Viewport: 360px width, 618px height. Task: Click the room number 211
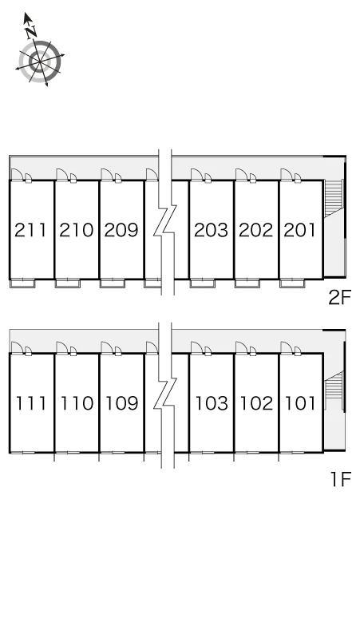tap(30, 230)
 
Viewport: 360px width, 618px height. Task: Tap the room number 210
tap(77, 230)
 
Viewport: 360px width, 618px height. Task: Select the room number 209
tap(121, 230)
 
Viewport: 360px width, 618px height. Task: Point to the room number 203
tap(211, 230)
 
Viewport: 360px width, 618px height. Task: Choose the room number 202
tap(256, 230)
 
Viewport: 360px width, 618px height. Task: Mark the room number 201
tap(300, 230)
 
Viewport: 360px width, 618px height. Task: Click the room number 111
tap(30, 403)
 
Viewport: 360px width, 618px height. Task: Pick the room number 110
tap(77, 403)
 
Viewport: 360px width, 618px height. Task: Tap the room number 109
tap(121, 403)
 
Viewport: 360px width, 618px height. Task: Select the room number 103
tap(212, 403)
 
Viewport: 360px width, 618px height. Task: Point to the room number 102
tap(256, 403)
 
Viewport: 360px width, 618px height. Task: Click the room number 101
tap(300, 403)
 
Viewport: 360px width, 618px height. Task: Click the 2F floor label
tap(339, 298)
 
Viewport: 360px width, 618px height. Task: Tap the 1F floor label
tap(341, 479)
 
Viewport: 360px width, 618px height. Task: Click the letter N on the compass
tap(31, 31)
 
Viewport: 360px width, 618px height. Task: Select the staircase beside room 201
tap(334, 198)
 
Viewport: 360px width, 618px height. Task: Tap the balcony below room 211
tap(22, 283)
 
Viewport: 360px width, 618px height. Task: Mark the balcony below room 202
tap(247, 283)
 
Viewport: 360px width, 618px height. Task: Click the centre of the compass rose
tap(40, 61)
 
